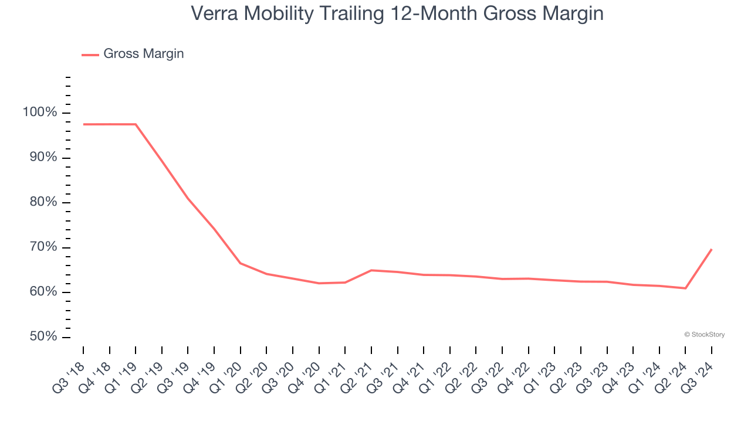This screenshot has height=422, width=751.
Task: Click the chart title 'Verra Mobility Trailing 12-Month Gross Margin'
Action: (x=397, y=13)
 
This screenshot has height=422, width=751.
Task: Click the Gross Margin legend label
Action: (x=143, y=54)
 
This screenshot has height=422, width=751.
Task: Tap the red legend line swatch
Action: (x=90, y=55)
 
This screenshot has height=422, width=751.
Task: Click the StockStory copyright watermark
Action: (x=704, y=335)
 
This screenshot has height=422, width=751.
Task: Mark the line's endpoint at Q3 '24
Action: (x=712, y=249)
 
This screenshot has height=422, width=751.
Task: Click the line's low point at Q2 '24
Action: (x=685, y=288)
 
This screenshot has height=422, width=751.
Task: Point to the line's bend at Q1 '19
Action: (x=136, y=124)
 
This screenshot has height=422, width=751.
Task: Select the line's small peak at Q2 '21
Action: (x=371, y=270)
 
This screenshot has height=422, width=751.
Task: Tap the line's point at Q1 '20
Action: (x=241, y=263)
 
